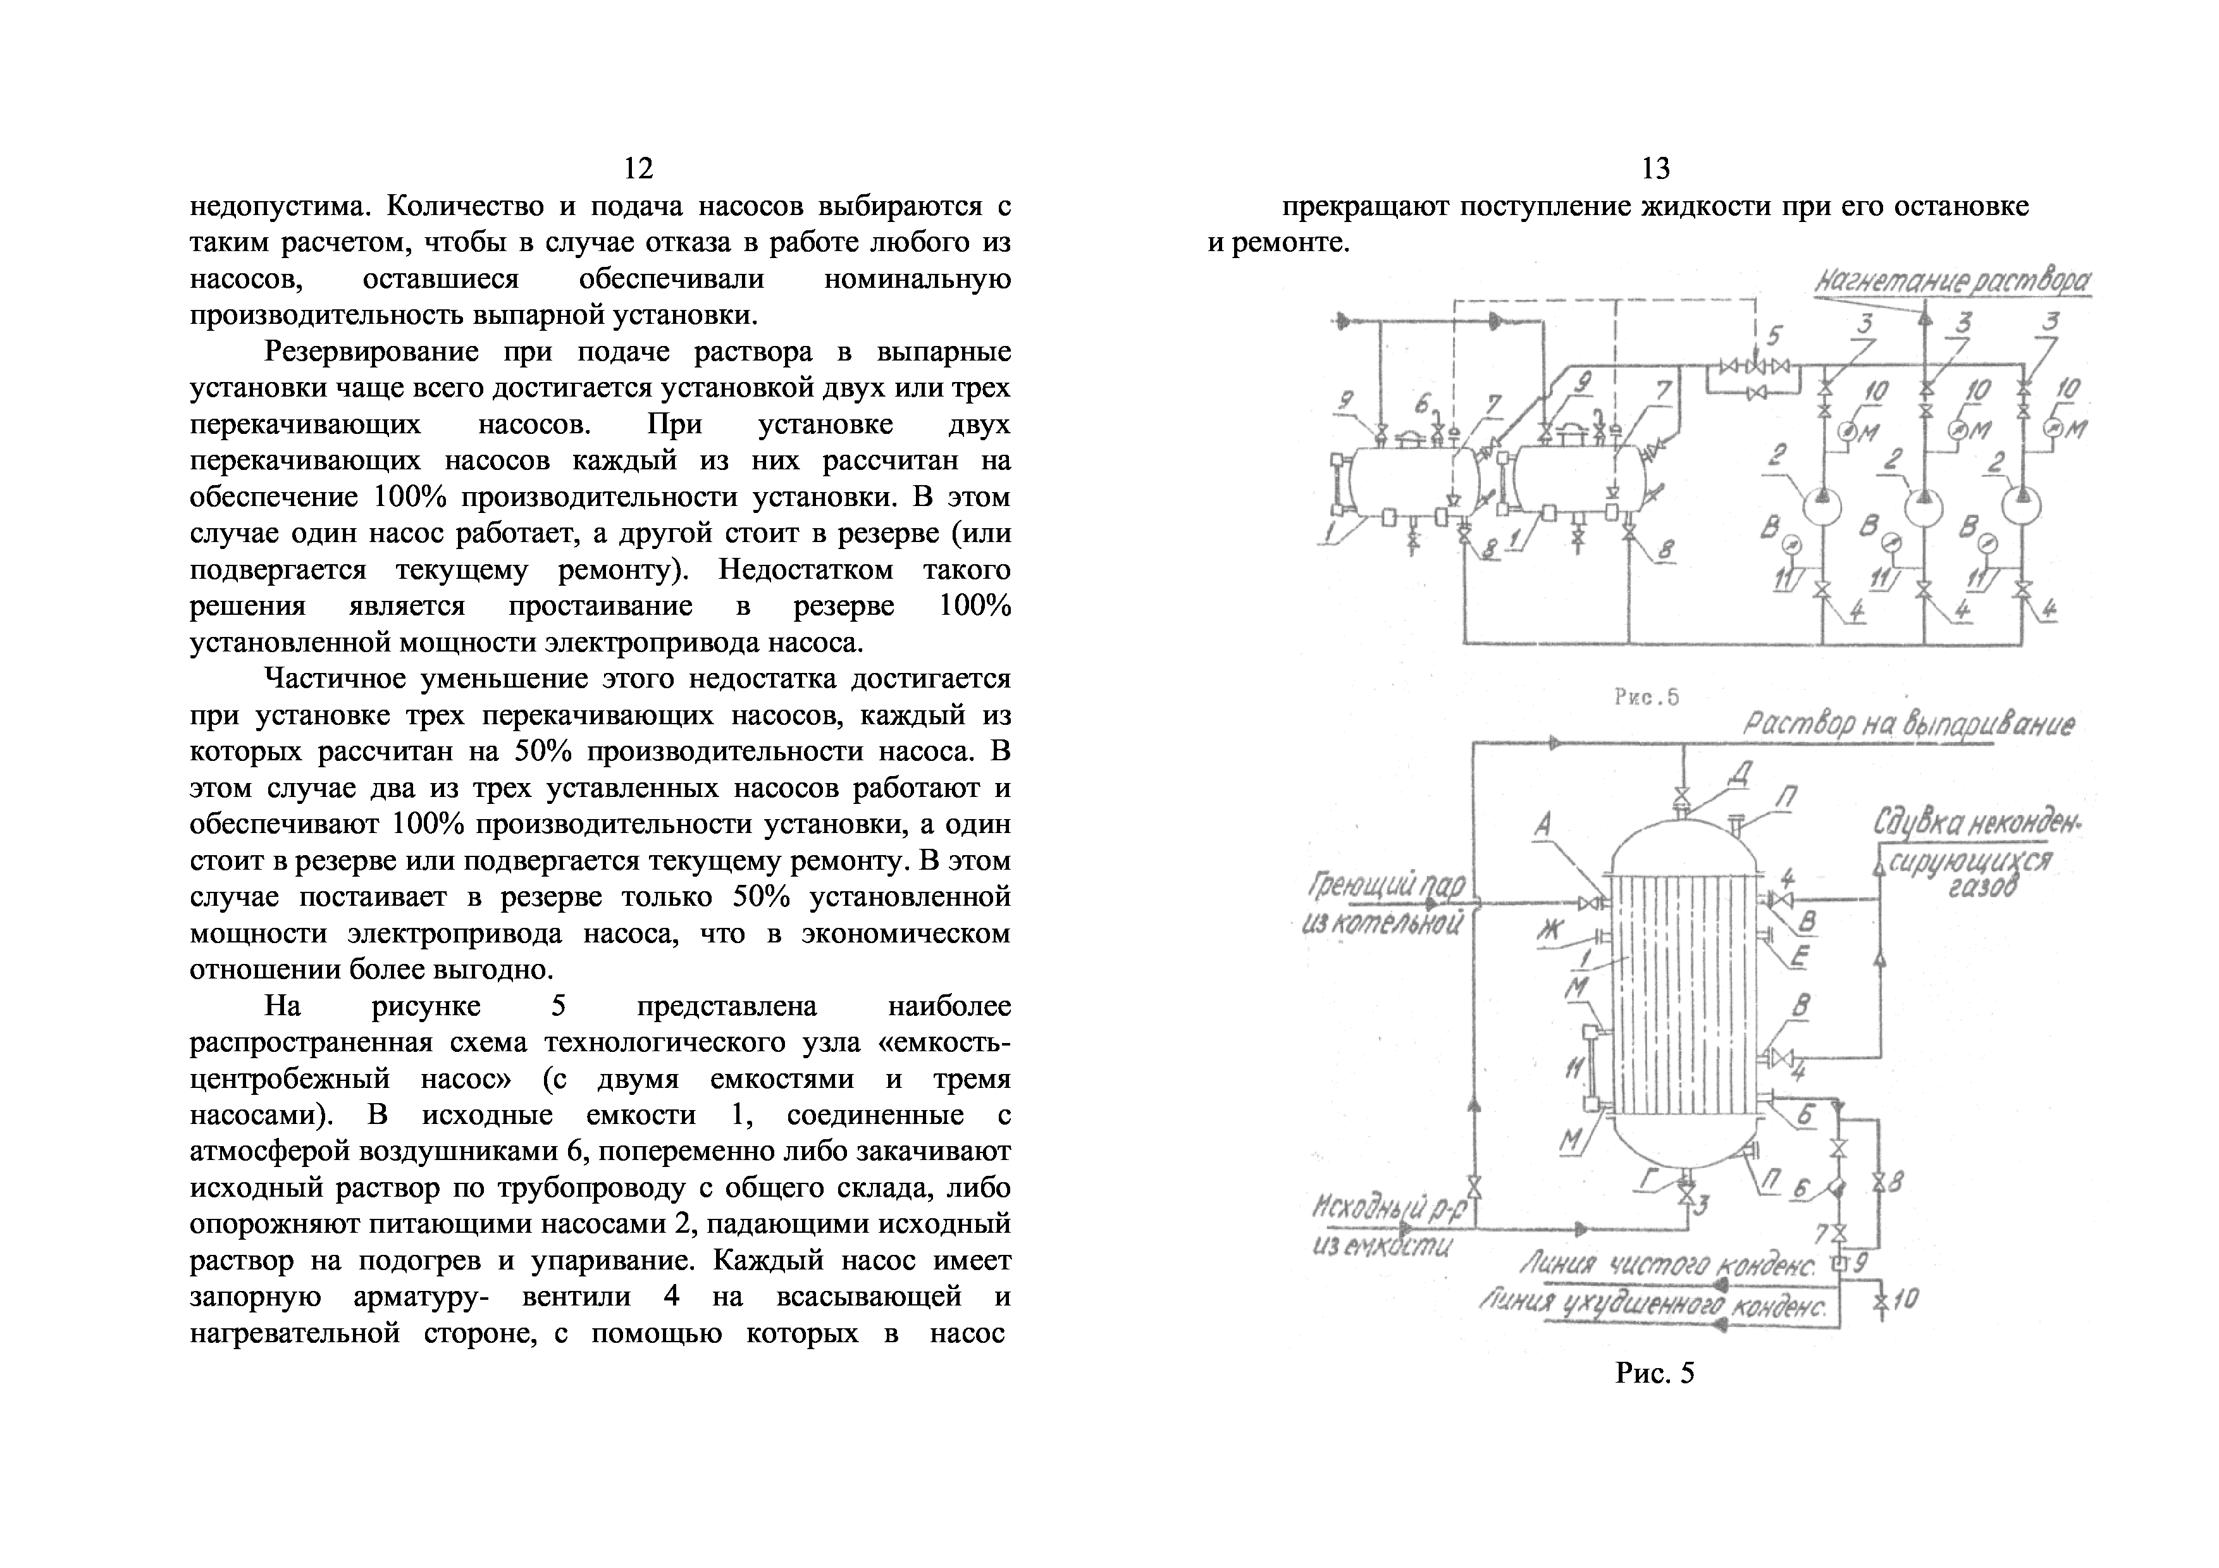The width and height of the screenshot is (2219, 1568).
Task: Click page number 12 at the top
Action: (x=638, y=169)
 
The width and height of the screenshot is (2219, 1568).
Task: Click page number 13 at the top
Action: (x=1655, y=169)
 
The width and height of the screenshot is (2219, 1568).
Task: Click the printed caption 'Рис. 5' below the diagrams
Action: (x=1655, y=1373)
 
